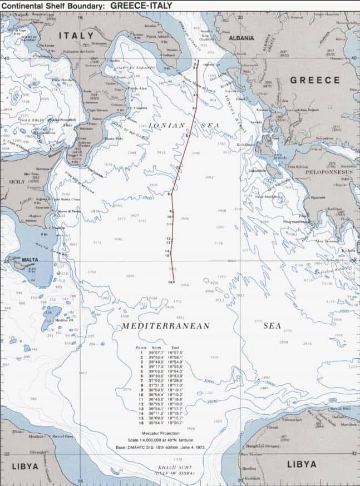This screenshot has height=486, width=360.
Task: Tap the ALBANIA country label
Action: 241,38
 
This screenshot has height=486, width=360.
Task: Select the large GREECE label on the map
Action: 314,80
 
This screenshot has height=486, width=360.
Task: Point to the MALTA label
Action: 30,260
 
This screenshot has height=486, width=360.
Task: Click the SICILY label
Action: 17,181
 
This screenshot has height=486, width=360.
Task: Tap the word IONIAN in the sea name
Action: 166,126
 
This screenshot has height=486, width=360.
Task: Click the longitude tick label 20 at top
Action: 240,17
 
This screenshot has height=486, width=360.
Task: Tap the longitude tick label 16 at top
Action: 80,17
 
